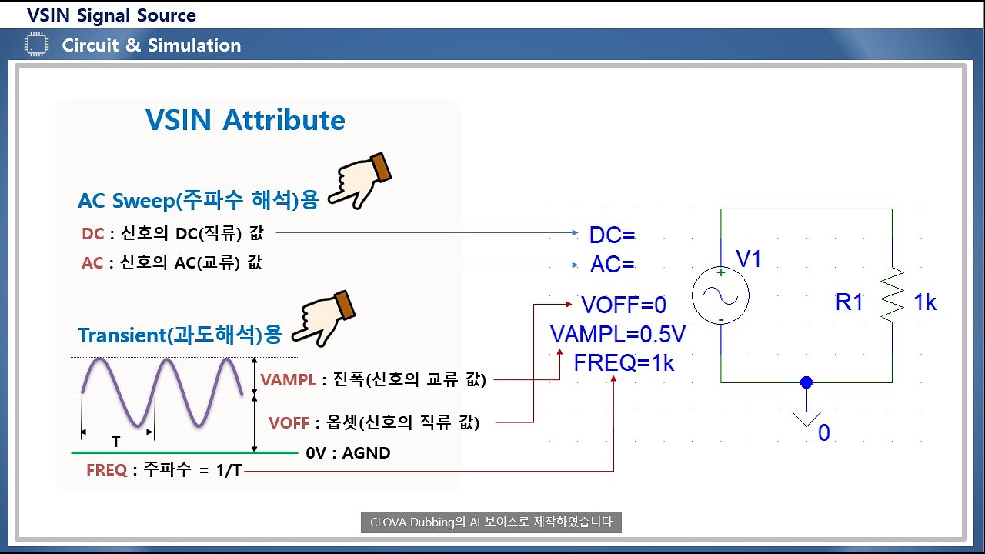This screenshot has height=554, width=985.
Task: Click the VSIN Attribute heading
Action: coord(245,121)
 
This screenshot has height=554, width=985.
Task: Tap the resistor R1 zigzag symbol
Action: coord(892,295)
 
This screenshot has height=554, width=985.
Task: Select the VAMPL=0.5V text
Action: coord(617,335)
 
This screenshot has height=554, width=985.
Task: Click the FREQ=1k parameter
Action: coord(623,363)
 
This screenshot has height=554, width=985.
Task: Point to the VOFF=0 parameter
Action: coord(623,305)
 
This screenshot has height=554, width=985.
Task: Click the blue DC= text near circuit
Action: coord(613,235)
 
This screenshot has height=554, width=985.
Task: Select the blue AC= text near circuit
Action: coord(613,265)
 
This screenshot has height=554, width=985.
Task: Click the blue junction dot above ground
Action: coord(806,382)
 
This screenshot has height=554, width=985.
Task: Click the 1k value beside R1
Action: coord(925,303)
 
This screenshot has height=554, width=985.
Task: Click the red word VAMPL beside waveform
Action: coord(289,379)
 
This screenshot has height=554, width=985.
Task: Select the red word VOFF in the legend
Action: coord(289,422)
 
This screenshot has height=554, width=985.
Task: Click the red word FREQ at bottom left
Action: coord(106,470)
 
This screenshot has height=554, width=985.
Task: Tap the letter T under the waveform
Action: coord(116,443)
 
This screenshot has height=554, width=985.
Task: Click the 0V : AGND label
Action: coord(348,453)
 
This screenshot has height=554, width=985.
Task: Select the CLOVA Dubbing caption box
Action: coord(491,522)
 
